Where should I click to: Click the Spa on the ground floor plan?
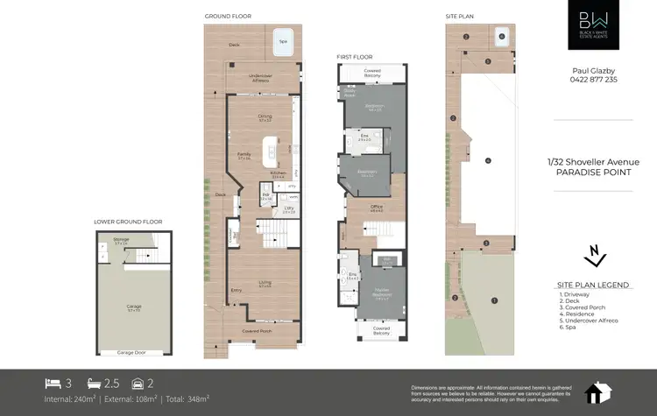pos(282,41)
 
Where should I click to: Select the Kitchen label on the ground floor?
pos(278,174)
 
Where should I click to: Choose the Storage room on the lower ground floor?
pos(121,239)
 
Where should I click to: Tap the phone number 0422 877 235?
pos(593,80)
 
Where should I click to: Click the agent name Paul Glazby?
pos(593,68)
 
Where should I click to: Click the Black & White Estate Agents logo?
pos(593,25)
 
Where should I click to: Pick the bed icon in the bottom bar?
pos(53,384)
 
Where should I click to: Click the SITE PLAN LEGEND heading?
pos(593,285)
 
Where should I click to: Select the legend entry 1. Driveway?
pos(575,295)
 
